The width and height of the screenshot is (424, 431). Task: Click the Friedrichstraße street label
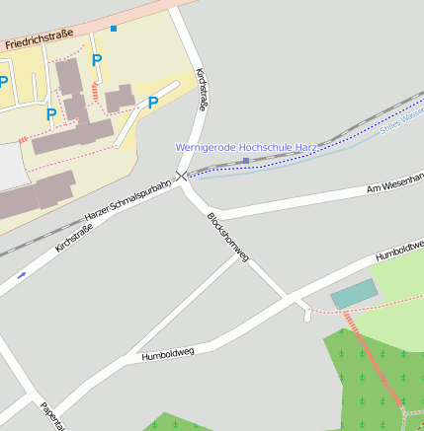pyautogui.click(x=40, y=39)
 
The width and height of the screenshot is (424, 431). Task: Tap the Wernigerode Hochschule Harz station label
pyautogui.click(x=245, y=147)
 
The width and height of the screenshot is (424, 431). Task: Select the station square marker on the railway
pyautogui.click(x=245, y=160)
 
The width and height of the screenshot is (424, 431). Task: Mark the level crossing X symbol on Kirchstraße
pyautogui.click(x=182, y=176)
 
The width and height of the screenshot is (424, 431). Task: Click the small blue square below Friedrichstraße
pyautogui.click(x=114, y=29)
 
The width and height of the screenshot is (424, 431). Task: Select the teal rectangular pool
pyautogui.click(x=354, y=293)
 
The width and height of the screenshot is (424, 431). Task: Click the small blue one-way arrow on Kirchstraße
pyautogui.click(x=22, y=274)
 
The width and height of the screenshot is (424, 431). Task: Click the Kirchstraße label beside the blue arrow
pyautogui.click(x=73, y=236)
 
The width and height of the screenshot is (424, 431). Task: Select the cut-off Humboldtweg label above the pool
pyautogui.click(x=399, y=251)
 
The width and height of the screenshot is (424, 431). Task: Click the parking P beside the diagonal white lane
pyautogui.click(x=153, y=103)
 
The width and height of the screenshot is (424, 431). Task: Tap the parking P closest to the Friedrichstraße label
pyautogui.click(x=97, y=61)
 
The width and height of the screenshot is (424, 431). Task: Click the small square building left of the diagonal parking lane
pyautogui.click(x=120, y=98)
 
